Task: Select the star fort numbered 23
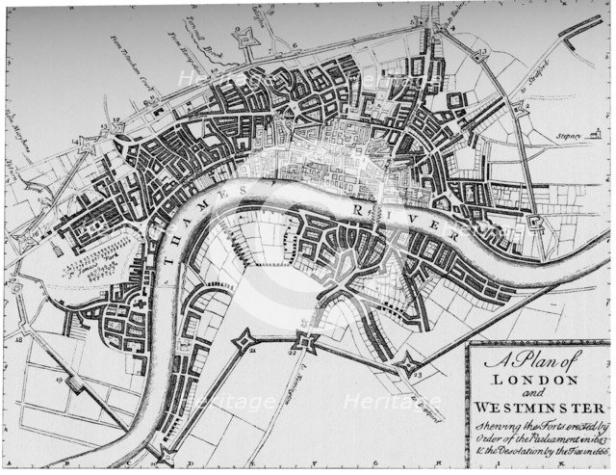point(411,365)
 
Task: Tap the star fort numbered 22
point(308,341)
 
